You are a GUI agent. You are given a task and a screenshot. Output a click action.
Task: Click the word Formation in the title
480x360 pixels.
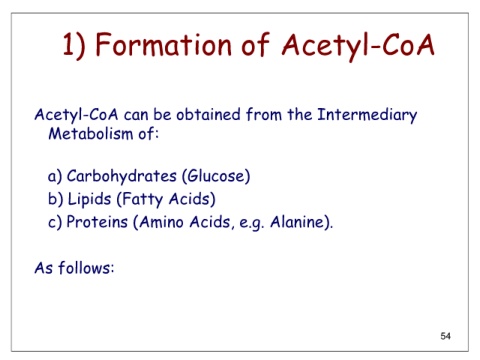(x=164, y=44)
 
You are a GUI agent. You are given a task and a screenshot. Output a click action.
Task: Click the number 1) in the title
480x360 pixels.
(x=74, y=46)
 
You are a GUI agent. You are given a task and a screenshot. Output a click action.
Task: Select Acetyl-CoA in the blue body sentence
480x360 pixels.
(x=76, y=115)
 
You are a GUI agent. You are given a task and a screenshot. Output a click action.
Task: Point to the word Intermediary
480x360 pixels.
(x=367, y=115)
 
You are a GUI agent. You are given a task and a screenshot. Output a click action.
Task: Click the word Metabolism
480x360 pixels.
(x=91, y=134)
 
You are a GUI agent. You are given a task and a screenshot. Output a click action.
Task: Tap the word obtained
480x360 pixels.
(x=208, y=114)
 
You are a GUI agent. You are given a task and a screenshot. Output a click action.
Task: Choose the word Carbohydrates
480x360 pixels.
(x=122, y=177)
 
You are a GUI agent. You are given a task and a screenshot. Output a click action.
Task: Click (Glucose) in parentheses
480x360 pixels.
(x=216, y=176)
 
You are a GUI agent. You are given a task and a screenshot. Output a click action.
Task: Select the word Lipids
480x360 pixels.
(x=89, y=200)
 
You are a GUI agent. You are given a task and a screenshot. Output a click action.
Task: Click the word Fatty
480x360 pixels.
(x=142, y=200)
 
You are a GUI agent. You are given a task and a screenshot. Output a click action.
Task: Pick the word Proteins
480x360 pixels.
(x=97, y=222)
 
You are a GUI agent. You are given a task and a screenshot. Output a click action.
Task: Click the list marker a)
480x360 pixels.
(x=55, y=177)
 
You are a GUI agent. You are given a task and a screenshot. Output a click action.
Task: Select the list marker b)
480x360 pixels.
(x=55, y=199)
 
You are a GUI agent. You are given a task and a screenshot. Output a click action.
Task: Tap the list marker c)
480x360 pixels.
(x=55, y=222)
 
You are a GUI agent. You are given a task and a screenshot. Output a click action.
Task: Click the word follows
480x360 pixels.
(x=85, y=268)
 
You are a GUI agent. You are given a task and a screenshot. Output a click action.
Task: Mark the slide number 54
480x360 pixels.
(x=446, y=336)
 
